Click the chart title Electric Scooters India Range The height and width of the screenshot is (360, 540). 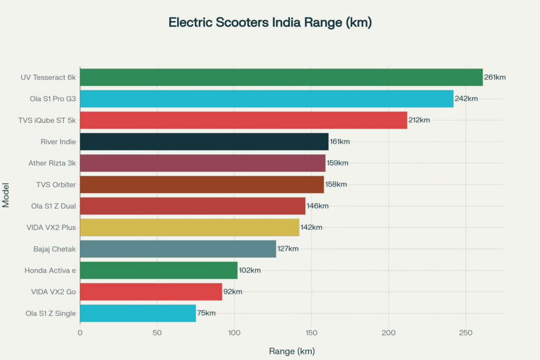click(270, 23)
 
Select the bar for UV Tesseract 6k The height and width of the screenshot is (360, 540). click(281, 77)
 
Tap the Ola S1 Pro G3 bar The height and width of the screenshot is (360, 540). click(266, 99)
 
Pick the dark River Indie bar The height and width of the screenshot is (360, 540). click(204, 141)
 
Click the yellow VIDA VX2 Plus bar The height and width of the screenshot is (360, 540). click(189, 227)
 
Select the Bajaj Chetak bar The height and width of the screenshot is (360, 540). click(178, 249)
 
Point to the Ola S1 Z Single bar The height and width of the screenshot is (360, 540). click(138, 313)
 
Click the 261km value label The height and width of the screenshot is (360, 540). click(495, 77)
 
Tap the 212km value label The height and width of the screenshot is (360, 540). click(419, 120)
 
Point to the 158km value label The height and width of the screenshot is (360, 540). click(336, 184)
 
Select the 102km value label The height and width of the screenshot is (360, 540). click(249, 270)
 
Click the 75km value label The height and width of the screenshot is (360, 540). click(206, 313)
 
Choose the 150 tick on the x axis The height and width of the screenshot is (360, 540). click(311, 333)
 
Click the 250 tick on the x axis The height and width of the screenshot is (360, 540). click(466, 333)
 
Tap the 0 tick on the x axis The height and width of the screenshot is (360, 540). click(80, 333)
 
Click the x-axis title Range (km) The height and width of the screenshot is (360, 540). click(292, 351)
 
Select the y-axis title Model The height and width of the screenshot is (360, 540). click(6, 195)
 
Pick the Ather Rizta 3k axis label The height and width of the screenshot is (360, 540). click(52, 163)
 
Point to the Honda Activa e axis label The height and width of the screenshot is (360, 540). click(50, 270)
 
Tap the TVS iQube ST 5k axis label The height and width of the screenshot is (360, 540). click(47, 120)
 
